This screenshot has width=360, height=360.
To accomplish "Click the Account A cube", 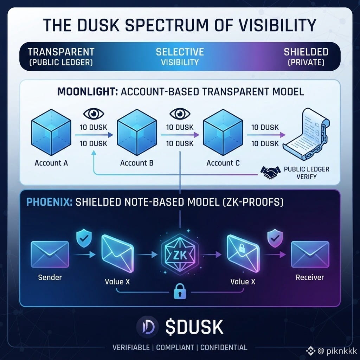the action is click(51, 133).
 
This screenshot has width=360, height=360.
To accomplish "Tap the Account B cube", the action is click(137, 133).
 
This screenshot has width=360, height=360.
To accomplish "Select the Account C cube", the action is click(223, 133).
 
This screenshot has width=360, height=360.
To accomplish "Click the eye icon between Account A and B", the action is click(94, 114).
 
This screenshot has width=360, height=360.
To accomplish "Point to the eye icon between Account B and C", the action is click(180, 114).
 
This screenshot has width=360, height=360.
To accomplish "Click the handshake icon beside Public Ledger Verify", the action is click(270, 172).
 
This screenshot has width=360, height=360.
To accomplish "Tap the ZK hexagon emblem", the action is click(180, 255).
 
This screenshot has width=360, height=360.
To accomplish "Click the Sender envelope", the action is click(50, 255).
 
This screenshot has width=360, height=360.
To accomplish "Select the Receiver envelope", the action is click(310, 255).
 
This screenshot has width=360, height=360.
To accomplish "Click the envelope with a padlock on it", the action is click(243, 253).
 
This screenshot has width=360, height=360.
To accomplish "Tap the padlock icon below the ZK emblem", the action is click(180, 291).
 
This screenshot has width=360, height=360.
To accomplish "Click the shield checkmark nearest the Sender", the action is click(84, 239).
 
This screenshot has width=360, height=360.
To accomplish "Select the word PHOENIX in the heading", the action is click(49, 202).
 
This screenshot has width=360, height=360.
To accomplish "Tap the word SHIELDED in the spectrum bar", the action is click(306, 52).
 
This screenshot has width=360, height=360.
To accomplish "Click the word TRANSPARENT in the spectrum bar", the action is click(61, 52).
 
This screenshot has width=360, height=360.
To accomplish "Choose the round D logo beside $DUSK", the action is click(147, 327).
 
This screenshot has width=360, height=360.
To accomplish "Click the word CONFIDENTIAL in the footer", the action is click(224, 347).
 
